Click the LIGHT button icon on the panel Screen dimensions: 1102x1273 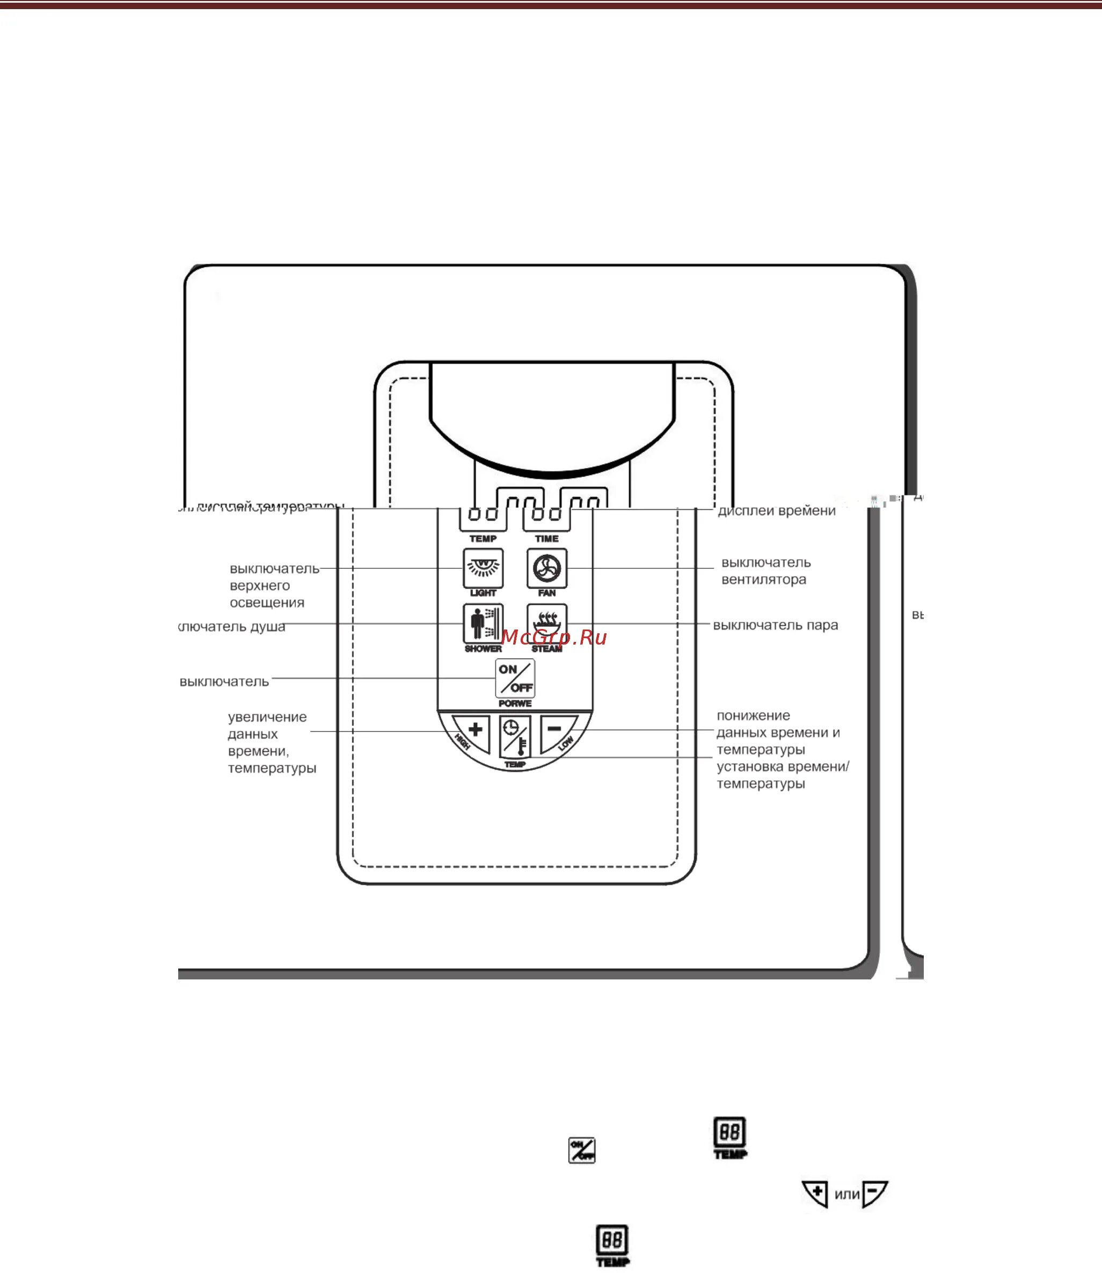click(483, 568)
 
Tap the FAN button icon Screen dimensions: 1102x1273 click(546, 568)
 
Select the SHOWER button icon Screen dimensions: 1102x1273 click(483, 623)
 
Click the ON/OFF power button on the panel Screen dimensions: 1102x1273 click(515, 678)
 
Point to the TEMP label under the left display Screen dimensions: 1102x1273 click(483, 538)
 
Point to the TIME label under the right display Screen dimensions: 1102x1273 click(546, 538)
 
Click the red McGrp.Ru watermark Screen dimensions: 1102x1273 click(554, 638)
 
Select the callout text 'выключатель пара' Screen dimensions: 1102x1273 click(776, 625)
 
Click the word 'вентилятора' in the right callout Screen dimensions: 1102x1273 click(763, 580)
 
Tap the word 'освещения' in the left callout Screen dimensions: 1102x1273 click(267, 602)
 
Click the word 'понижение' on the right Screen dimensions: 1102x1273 click(753, 715)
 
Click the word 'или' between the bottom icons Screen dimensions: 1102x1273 click(847, 1194)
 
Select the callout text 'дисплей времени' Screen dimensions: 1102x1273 click(777, 511)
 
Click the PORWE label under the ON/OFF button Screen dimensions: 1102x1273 click(515, 703)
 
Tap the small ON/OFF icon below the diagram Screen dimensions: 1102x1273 click(581, 1150)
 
